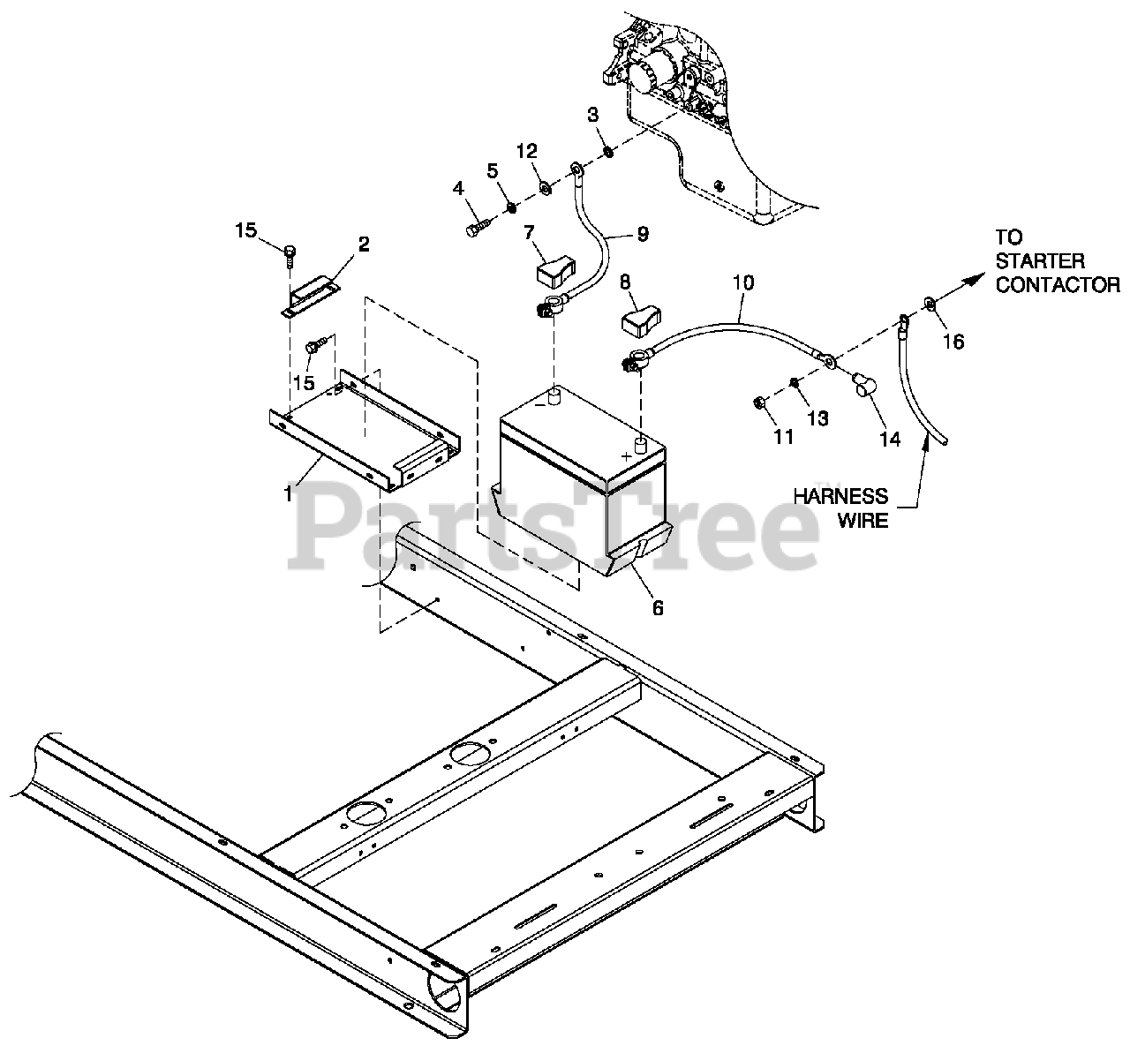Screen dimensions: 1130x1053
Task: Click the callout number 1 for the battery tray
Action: point(288,493)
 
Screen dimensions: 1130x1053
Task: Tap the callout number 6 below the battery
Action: point(658,607)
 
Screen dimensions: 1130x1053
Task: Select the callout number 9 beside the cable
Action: point(642,234)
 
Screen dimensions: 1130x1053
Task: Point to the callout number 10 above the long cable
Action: point(742,283)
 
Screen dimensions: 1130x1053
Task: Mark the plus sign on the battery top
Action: point(628,455)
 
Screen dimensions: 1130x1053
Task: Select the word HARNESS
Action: point(840,497)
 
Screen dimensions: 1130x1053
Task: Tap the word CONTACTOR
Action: point(1058,284)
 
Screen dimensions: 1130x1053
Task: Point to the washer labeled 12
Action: point(544,186)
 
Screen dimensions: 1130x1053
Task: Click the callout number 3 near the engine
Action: point(592,114)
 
